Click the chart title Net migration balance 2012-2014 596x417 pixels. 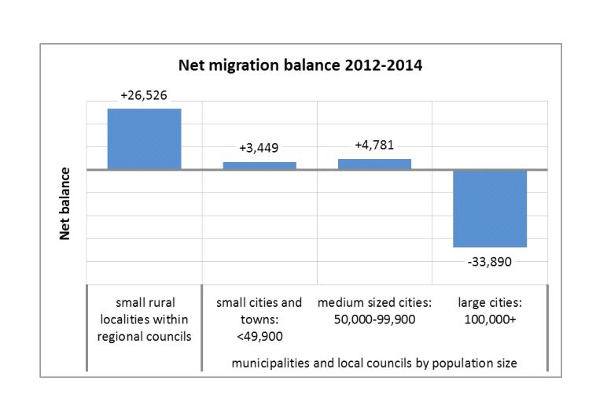click(x=300, y=65)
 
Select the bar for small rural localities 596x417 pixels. click(x=145, y=138)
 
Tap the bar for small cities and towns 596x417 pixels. click(x=259, y=165)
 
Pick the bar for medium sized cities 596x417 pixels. click(x=374, y=164)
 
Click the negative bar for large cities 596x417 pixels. click(x=489, y=208)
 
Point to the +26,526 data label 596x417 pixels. click(x=145, y=95)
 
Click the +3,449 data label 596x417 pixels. click(x=259, y=148)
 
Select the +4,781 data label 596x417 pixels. click(x=374, y=145)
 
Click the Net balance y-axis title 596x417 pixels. click(x=66, y=204)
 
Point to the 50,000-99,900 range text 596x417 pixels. click(x=374, y=319)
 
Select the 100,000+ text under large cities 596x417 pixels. click(x=489, y=319)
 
